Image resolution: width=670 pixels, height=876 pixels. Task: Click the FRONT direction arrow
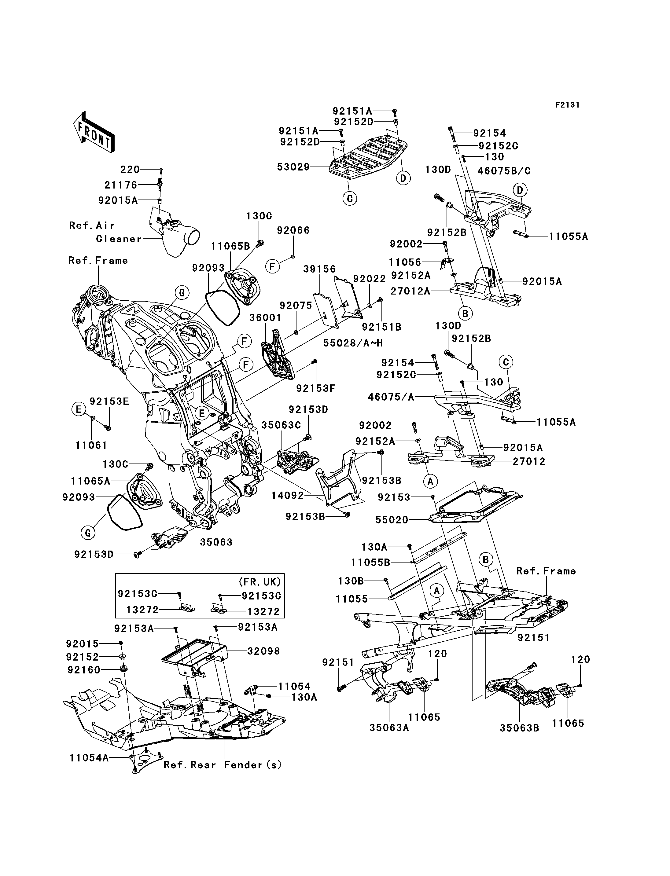point(94,132)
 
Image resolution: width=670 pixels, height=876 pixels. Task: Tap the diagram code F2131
point(567,105)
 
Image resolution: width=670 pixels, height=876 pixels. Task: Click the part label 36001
point(265,318)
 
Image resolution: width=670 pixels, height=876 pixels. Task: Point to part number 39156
point(319,269)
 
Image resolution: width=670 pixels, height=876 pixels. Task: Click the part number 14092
point(287,496)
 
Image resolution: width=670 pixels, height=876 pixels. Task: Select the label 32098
point(263,651)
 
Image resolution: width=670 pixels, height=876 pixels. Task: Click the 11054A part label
point(89,757)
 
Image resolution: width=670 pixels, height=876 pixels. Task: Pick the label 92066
point(293,230)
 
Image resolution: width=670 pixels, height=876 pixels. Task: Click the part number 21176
point(120,185)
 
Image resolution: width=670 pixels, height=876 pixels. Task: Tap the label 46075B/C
point(504,171)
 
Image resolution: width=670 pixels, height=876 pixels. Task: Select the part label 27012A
point(410,291)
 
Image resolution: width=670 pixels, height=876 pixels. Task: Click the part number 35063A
point(389,728)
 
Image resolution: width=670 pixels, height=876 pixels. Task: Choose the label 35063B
point(519,728)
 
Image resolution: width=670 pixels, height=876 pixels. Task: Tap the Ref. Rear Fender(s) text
point(223,765)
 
